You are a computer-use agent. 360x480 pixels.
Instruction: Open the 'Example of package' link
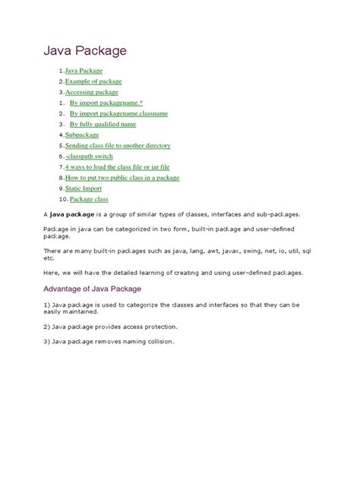[x=93, y=81]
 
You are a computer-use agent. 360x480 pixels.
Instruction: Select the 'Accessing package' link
[x=92, y=91]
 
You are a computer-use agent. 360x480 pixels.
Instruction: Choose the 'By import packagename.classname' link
[x=118, y=112]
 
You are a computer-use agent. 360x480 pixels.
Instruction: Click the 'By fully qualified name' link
[x=103, y=123]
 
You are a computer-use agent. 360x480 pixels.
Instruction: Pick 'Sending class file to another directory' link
[x=118, y=145]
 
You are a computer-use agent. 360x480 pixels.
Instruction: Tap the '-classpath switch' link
[x=88, y=156]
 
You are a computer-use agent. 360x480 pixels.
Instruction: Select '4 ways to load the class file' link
[x=117, y=166]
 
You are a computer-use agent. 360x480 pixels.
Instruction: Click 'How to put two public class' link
[x=122, y=177]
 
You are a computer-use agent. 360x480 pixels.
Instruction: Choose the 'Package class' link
[x=89, y=199]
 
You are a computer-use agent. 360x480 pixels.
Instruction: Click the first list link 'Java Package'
[x=84, y=70]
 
